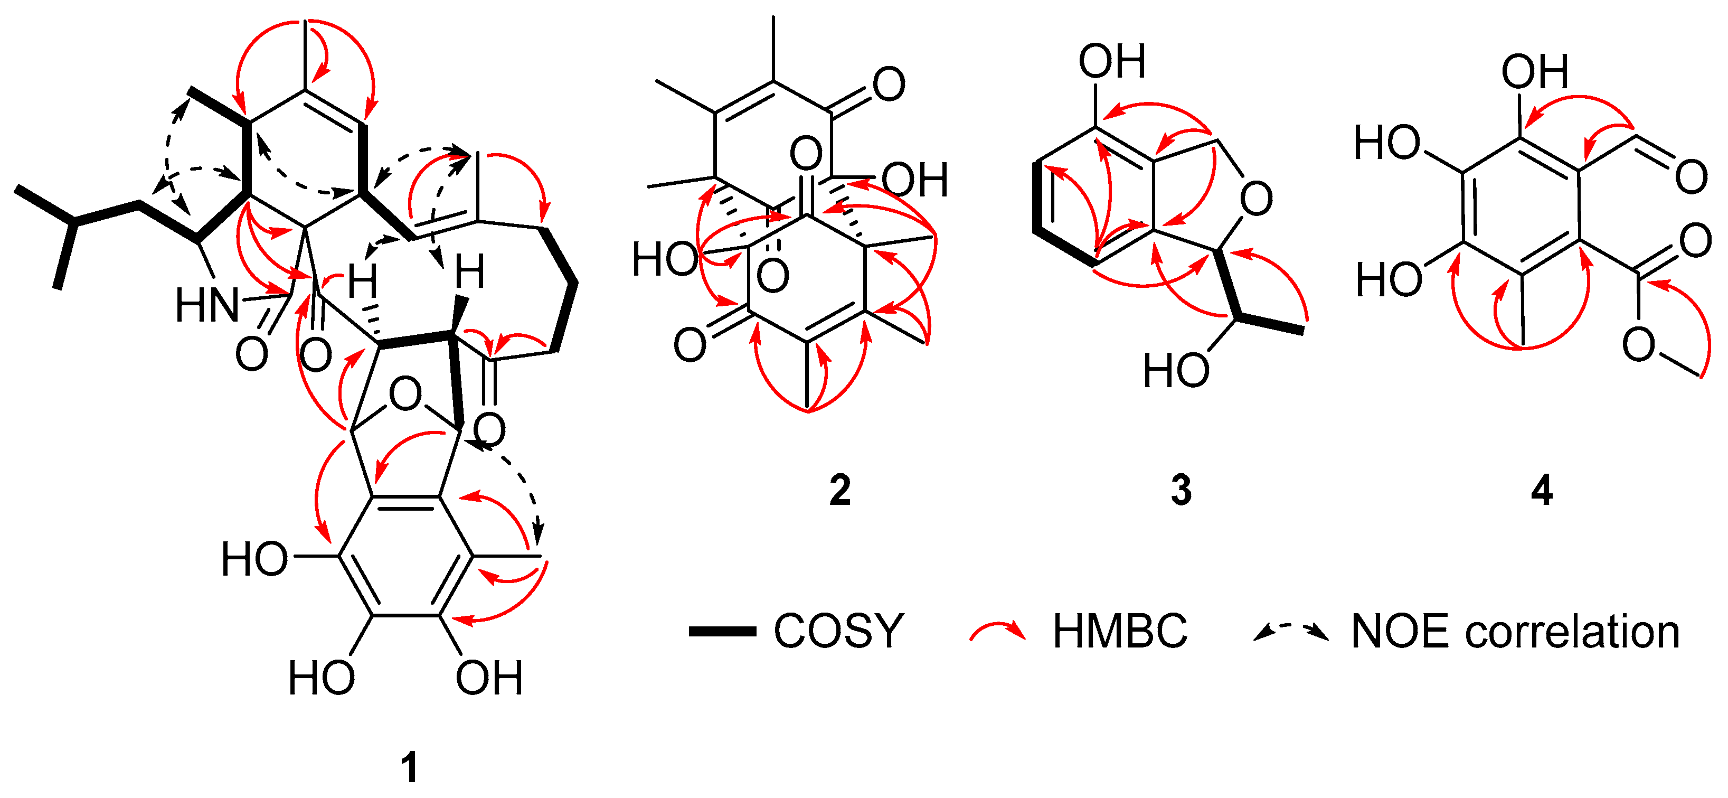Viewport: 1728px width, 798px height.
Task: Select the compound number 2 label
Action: point(840,491)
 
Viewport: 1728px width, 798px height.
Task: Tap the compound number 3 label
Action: point(1181,491)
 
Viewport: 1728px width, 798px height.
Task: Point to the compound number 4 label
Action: point(1542,491)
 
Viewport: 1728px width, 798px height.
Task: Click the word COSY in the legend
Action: point(838,632)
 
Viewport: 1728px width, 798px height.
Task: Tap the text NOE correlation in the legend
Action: point(1515,632)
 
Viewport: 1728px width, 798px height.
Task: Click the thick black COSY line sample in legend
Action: point(722,632)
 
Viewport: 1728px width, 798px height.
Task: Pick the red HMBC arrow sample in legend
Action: point(997,632)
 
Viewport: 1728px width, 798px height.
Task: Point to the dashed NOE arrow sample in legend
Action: point(1291,632)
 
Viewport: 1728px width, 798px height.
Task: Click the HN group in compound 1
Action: point(206,305)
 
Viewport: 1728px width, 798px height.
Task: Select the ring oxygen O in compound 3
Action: point(1256,199)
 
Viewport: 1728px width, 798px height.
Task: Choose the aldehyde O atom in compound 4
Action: point(1691,176)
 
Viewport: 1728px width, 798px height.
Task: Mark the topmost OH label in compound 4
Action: point(1535,72)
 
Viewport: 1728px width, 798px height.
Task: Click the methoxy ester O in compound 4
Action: point(1639,345)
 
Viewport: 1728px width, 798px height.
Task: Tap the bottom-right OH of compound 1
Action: point(489,678)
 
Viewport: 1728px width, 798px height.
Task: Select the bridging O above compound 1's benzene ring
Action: point(405,395)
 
